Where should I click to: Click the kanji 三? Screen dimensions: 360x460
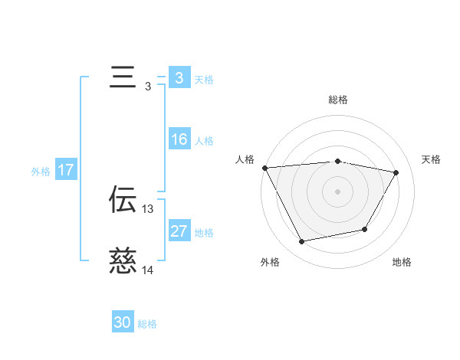(x=123, y=79)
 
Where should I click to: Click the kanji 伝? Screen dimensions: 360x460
(x=123, y=200)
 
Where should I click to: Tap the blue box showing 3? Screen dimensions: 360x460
(x=179, y=78)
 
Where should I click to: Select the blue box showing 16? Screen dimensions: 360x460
(x=179, y=139)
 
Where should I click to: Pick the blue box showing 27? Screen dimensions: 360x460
(x=179, y=231)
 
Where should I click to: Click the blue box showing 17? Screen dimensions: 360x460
(x=66, y=170)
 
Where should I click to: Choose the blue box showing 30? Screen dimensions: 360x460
(x=123, y=322)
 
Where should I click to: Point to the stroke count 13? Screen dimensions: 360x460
(x=148, y=208)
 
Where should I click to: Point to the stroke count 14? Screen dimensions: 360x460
(x=148, y=270)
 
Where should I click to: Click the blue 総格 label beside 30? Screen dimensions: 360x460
(x=147, y=324)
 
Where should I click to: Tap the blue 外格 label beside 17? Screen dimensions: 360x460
(x=41, y=172)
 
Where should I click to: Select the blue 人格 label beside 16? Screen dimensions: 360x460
(x=204, y=141)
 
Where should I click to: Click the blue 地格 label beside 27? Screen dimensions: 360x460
(x=204, y=233)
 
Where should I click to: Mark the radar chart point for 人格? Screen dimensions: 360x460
(x=264, y=168)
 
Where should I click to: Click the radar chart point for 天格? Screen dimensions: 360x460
(x=396, y=172)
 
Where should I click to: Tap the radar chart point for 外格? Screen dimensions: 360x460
(x=302, y=242)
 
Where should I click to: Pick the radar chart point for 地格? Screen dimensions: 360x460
(x=365, y=229)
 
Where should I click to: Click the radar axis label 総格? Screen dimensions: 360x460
(x=338, y=100)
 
